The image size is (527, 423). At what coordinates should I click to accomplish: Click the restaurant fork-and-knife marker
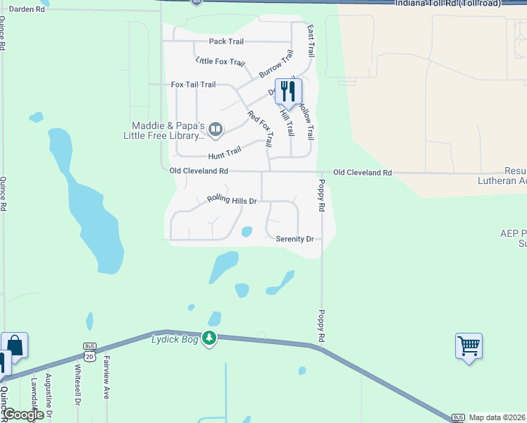pyautogui.click(x=288, y=91)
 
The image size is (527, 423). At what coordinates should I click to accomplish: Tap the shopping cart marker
pyautogui.click(x=469, y=346)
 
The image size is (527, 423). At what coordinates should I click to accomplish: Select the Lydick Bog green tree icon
pyautogui.click(x=209, y=338)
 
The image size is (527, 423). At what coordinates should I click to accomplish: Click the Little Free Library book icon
pyautogui.click(x=216, y=129)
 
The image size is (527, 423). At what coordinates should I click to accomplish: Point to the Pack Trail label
pyautogui.click(x=226, y=42)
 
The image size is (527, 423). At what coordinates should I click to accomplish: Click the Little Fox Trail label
pyautogui.click(x=221, y=63)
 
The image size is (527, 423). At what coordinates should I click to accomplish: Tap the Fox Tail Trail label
pyautogui.click(x=193, y=85)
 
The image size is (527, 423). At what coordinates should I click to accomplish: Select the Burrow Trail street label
pyautogui.click(x=275, y=64)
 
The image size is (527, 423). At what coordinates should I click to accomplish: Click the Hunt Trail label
pyautogui.click(x=224, y=152)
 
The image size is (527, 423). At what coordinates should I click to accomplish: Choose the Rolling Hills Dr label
pyautogui.click(x=230, y=200)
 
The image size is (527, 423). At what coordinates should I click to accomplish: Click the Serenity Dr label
pyautogui.click(x=294, y=239)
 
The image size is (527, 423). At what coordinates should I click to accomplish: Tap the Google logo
pyautogui.click(x=24, y=415)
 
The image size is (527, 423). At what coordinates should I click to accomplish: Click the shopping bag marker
pyautogui.click(x=15, y=345)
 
